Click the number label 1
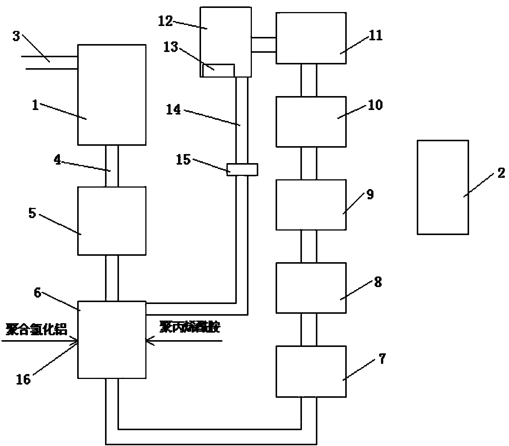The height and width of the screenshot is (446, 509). coord(35,105)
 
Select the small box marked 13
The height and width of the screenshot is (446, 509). coord(218,70)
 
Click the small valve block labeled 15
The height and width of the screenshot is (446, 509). coord(242,170)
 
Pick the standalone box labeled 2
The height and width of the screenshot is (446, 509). coord(443,187)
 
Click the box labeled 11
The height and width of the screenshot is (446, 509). coord(311,38)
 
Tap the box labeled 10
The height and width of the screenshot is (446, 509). coord(311,122)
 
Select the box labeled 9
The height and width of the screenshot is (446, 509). coord(311,205)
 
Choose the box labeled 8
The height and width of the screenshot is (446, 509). coord(311,288)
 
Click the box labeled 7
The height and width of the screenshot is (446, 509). coord(311,371)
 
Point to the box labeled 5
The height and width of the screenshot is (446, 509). coord(111,221)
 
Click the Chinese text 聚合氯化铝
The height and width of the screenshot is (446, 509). coord(37,330)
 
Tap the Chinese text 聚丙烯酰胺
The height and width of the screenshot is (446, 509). coord(189,327)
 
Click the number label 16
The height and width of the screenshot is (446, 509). coord(23,379)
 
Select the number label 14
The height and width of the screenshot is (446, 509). coord(174,110)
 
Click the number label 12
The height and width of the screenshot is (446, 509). coord(165,21)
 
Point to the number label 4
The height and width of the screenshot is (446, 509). coord(57,159)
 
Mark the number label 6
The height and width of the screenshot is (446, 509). coord(38,292)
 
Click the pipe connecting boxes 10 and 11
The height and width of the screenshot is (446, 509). coord(309,80)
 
